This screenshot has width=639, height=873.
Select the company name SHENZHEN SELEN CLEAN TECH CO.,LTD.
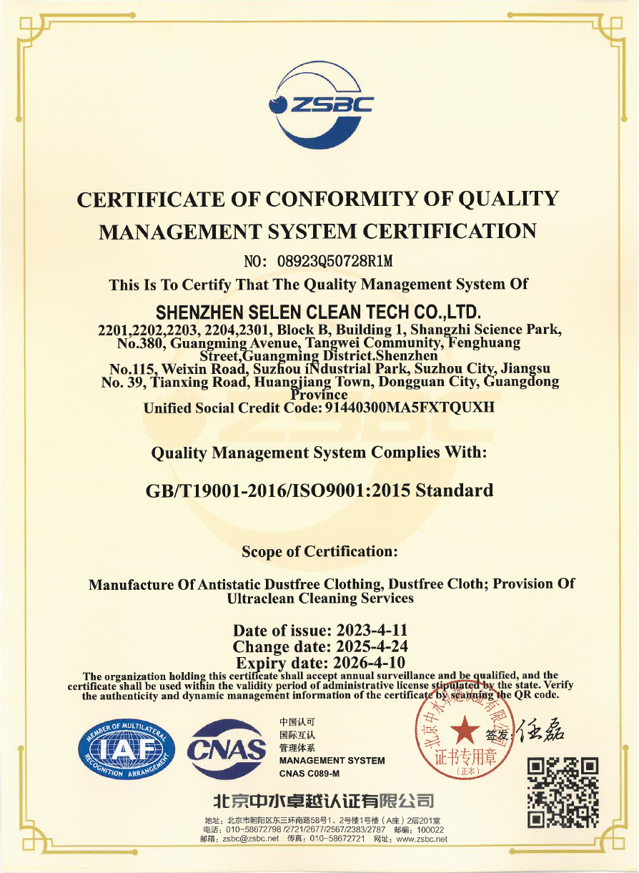[x=319, y=312]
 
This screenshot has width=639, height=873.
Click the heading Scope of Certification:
[x=319, y=551]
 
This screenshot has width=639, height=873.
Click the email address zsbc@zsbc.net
[x=250, y=839]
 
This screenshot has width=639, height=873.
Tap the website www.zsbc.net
[x=421, y=839]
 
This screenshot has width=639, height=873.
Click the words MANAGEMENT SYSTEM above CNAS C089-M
[x=332, y=761]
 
